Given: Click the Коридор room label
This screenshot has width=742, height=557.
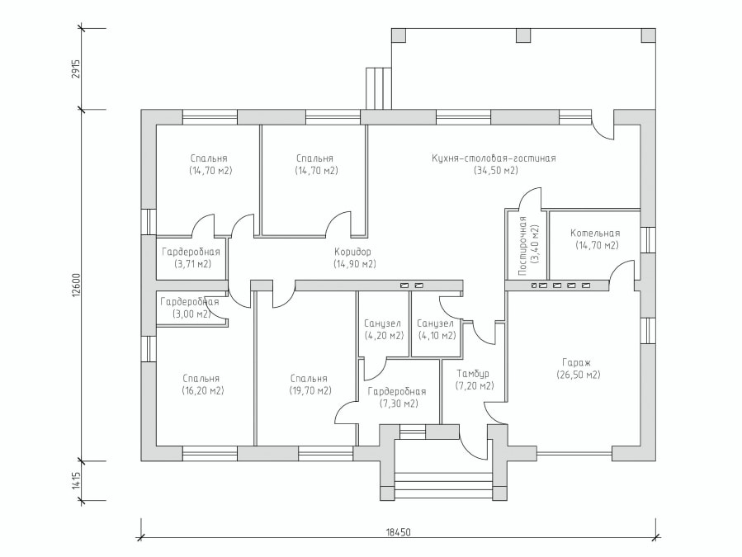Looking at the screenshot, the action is pyautogui.click(x=352, y=252).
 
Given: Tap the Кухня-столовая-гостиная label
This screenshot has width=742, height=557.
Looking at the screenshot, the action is pyautogui.click(x=494, y=158).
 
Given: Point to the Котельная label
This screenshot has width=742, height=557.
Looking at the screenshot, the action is pyautogui.click(x=595, y=234).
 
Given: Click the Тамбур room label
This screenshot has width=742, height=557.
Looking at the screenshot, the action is pyautogui.click(x=473, y=374).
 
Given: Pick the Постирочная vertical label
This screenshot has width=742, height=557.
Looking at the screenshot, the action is pyautogui.click(x=522, y=246).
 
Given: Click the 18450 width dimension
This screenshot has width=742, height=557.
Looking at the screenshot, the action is pyautogui.click(x=398, y=531).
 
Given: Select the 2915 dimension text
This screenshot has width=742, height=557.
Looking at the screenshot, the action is pyautogui.click(x=76, y=69).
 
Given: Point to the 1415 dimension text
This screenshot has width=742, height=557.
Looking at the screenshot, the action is pyautogui.click(x=76, y=480).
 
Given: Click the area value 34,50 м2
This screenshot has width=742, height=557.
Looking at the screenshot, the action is pyautogui.click(x=495, y=170).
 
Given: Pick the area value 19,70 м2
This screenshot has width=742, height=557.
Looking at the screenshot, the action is pyautogui.click(x=310, y=391).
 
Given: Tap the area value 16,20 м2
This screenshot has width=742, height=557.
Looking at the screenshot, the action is pyautogui.click(x=202, y=391).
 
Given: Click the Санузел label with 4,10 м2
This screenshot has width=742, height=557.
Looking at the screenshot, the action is pyautogui.click(x=435, y=323).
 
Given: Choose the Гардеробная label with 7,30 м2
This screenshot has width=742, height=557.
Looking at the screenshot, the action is pyautogui.click(x=397, y=392).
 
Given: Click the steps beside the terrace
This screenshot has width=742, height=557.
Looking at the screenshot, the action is pyautogui.click(x=379, y=89).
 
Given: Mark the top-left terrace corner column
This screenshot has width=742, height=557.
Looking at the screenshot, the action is pyautogui.click(x=399, y=35).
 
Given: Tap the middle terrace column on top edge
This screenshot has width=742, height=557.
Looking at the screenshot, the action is pyautogui.click(x=523, y=35).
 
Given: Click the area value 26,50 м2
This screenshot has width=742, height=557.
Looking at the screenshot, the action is pyautogui.click(x=579, y=375).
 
